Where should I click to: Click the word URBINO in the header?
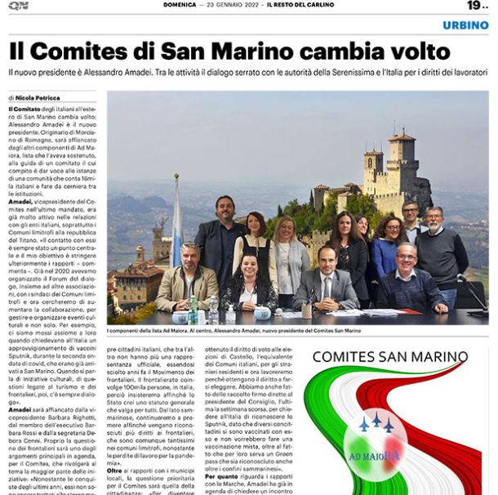tap(466, 25)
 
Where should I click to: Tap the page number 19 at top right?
tap(474, 7)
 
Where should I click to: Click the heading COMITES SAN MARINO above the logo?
tap(390, 357)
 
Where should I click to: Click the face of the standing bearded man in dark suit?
tap(225, 209)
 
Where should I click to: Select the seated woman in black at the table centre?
tap(250, 282)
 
